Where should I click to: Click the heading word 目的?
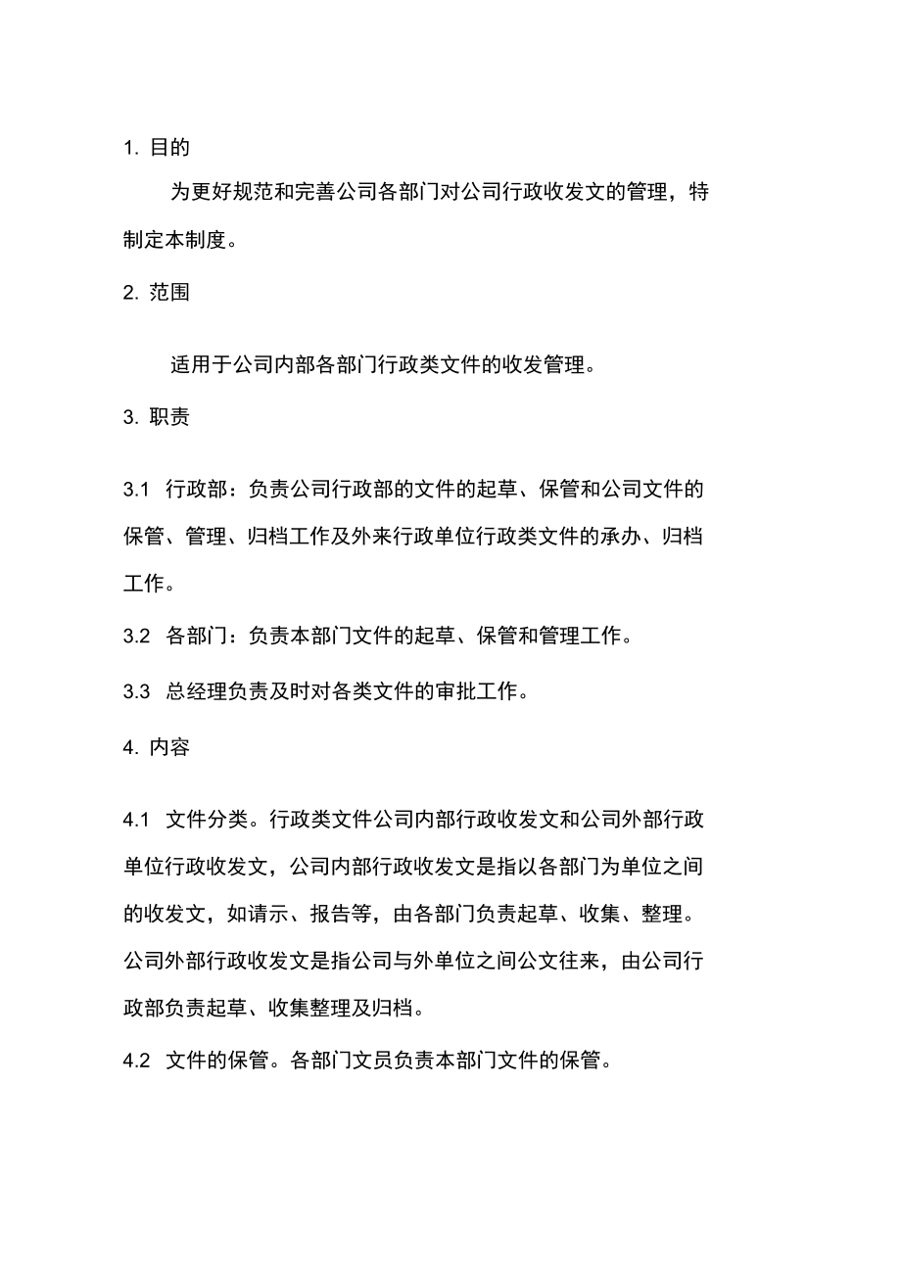[x=169, y=148]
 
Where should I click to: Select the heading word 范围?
[x=169, y=292]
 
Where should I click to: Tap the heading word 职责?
[x=169, y=417]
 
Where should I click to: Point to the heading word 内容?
[x=169, y=747]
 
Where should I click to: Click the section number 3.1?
[x=135, y=489]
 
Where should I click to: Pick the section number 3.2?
[x=135, y=636]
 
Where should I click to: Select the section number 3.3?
[x=135, y=691]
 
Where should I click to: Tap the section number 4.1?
[x=135, y=819]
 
